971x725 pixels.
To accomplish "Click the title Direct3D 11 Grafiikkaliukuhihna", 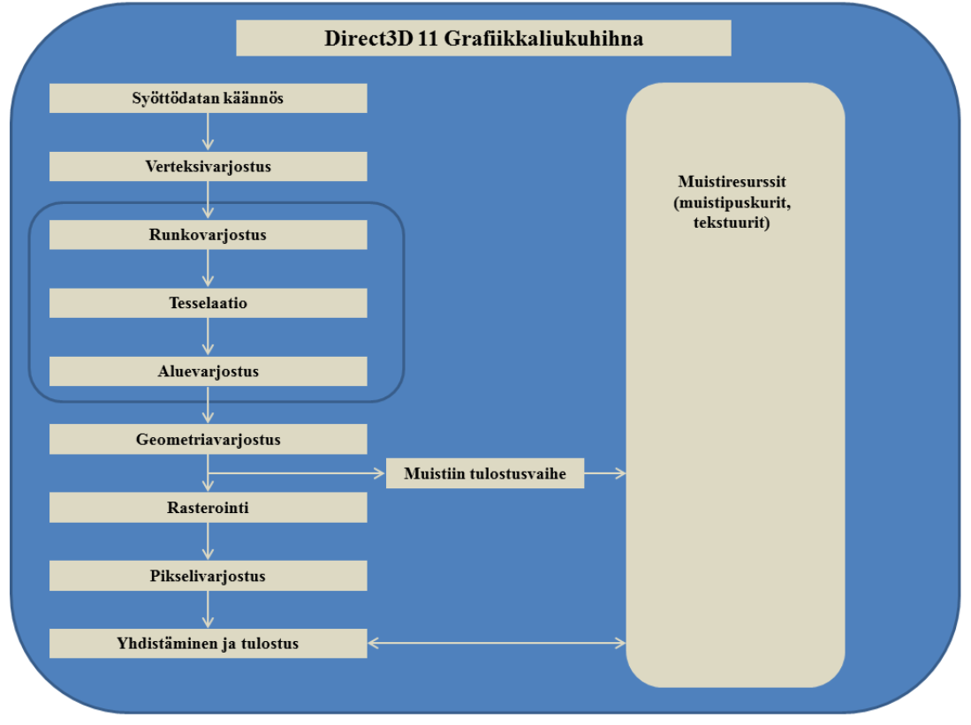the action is pyautogui.click(x=483, y=38).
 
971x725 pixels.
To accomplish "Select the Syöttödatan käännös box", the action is pyautogui.click(x=209, y=98).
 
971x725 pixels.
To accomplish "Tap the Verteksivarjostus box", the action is pyautogui.click(x=209, y=167).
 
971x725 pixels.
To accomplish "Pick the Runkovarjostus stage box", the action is pyautogui.click(x=209, y=235).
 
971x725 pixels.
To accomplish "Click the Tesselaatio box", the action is pyautogui.click(x=209, y=303).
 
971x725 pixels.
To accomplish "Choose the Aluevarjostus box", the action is pyautogui.click(x=209, y=372).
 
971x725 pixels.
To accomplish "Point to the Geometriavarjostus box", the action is pyautogui.click(x=209, y=440).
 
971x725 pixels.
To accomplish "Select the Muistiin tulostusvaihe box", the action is pyautogui.click(x=485, y=473).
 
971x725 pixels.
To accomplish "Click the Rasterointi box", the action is pyautogui.click(x=209, y=508).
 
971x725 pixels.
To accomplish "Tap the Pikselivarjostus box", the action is pyautogui.click(x=209, y=576).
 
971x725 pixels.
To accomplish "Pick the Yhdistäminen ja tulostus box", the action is pyautogui.click(x=209, y=643).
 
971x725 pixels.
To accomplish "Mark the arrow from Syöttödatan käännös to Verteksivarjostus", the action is pyautogui.click(x=209, y=132).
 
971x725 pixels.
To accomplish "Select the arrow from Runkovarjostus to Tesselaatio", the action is pyautogui.click(x=209, y=268).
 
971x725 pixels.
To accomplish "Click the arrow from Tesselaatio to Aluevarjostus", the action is pyautogui.click(x=209, y=336).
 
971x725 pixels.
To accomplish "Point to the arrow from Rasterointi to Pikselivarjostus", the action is pyautogui.click(x=209, y=541).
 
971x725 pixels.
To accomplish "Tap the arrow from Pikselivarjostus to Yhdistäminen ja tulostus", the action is pyautogui.click(x=209, y=609).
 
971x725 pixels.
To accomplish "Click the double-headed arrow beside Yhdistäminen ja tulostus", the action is pyautogui.click(x=497, y=643).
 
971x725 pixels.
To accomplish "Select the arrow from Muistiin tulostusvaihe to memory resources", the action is pyautogui.click(x=605, y=473).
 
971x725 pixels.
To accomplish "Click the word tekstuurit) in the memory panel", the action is pyautogui.click(x=732, y=223).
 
